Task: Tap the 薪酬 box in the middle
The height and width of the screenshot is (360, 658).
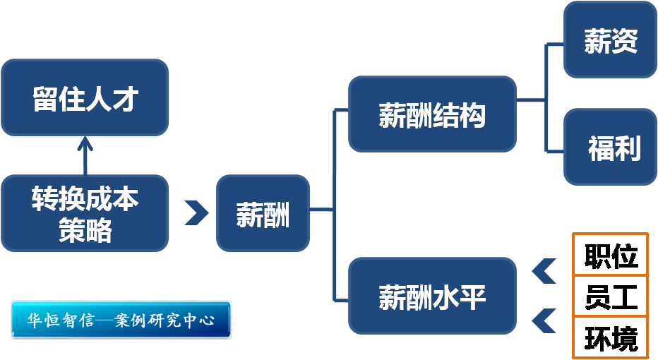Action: (263, 213)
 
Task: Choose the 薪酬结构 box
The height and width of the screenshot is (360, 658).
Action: (432, 114)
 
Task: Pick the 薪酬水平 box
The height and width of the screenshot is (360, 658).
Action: (432, 296)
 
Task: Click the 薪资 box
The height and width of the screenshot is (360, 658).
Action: (611, 40)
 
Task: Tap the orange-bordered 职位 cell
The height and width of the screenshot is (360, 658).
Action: (611, 255)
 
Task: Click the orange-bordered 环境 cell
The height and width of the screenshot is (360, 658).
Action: (611, 337)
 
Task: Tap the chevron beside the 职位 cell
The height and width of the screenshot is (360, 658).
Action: (544, 270)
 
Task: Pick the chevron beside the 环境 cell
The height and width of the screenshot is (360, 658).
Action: (544, 320)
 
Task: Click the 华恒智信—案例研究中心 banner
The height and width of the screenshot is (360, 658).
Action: (121, 320)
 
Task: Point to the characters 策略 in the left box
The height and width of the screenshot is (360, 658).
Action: (85, 229)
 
